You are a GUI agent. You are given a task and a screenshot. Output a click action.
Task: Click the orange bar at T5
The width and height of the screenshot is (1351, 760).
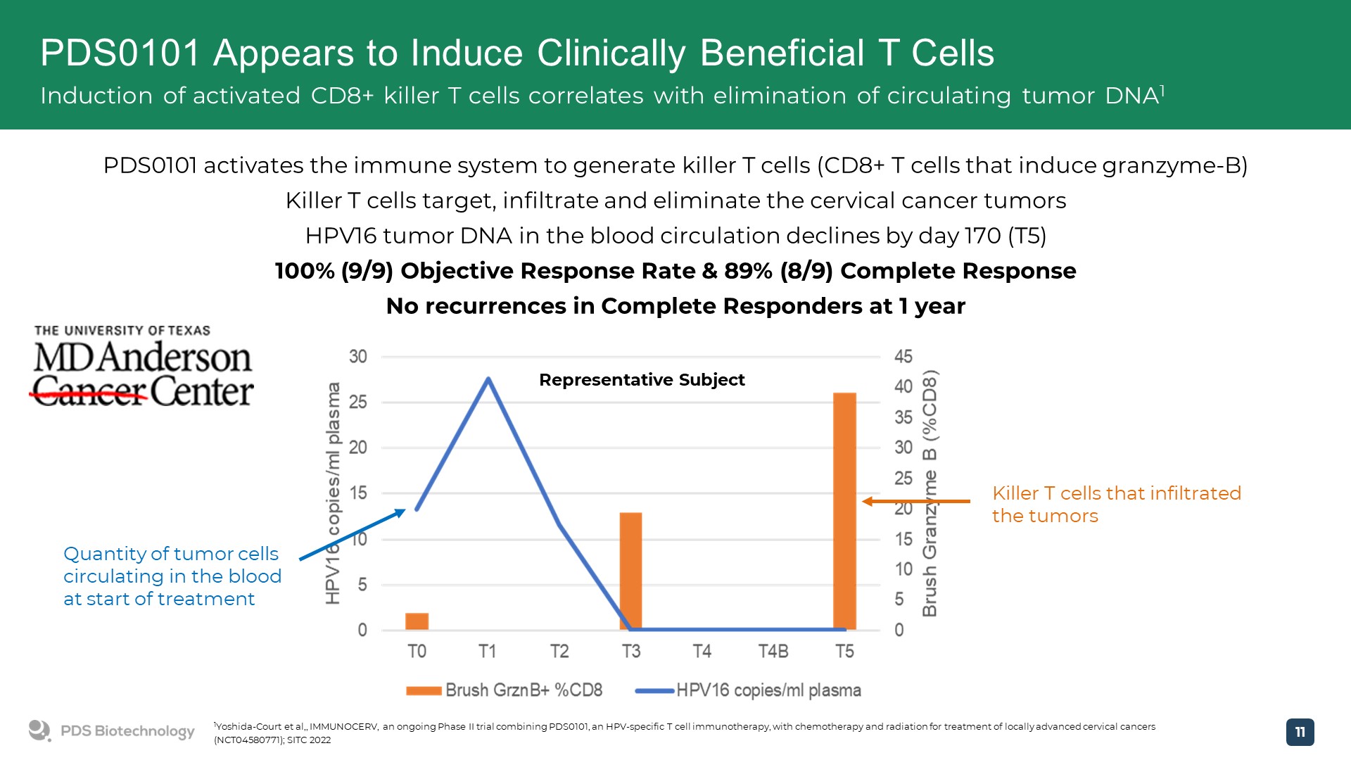pyautogui.click(x=844, y=511)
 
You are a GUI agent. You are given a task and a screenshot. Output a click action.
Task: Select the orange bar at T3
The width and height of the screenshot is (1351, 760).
pyautogui.click(x=630, y=570)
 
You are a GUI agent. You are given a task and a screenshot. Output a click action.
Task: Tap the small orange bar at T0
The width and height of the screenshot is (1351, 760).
pyautogui.click(x=417, y=621)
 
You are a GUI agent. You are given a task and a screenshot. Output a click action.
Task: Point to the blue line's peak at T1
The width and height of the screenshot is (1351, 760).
pyautogui.click(x=488, y=379)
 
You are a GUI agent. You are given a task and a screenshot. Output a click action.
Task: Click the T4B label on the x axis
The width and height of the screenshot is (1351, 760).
pyautogui.click(x=773, y=652)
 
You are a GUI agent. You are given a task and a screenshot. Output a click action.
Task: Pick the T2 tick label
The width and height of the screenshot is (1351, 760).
pyautogui.click(x=559, y=652)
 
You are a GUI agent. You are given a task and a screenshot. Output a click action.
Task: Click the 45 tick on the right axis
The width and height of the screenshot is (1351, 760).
pyautogui.click(x=903, y=357)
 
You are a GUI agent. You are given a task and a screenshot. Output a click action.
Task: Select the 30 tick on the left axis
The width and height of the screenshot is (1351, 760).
pyautogui.click(x=358, y=357)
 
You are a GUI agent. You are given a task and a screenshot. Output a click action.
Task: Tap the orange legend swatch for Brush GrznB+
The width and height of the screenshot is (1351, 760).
pyautogui.click(x=424, y=691)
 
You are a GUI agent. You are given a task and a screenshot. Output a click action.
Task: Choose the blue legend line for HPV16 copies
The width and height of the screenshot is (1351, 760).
pyautogui.click(x=654, y=691)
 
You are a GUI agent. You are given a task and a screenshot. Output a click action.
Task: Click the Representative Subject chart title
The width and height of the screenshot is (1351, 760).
pyautogui.click(x=642, y=380)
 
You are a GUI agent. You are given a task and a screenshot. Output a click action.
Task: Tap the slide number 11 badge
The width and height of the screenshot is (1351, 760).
pyautogui.click(x=1300, y=732)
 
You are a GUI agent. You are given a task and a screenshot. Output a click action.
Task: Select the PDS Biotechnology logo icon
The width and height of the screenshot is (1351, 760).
pyautogui.click(x=39, y=730)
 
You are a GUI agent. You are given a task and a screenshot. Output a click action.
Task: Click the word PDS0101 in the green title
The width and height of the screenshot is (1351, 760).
pyautogui.click(x=120, y=53)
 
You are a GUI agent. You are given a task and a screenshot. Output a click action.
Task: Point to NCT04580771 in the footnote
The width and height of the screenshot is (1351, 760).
pyautogui.click(x=248, y=740)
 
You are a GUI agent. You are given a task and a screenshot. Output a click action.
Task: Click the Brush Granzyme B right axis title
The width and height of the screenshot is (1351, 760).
pyautogui.click(x=930, y=493)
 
